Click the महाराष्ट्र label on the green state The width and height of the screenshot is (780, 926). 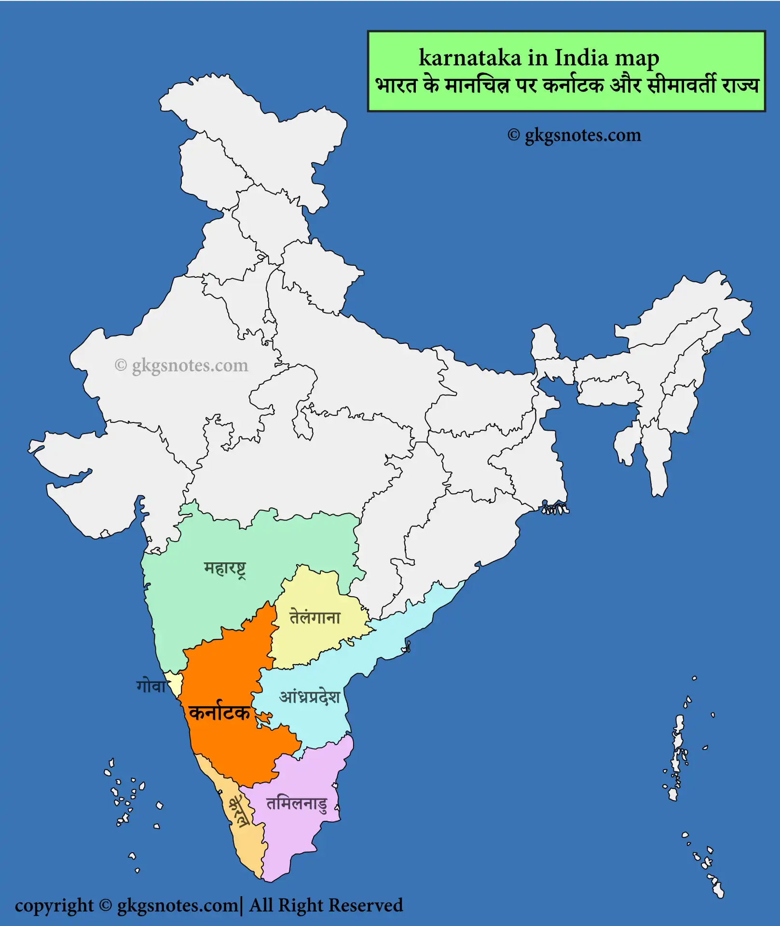coord(225,569)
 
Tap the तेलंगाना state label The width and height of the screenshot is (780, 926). coord(315,617)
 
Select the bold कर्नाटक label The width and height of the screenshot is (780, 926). coord(219,712)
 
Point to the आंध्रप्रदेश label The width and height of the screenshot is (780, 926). coord(310,697)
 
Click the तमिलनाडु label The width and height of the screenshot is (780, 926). coord(297,804)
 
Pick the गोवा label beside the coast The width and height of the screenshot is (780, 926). coord(151,686)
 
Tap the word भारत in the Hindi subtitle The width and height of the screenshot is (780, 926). coord(396,85)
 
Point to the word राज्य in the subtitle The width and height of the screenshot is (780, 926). coord(740,85)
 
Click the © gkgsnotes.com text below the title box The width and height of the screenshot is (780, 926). coord(574,135)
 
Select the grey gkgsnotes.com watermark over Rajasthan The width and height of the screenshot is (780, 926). coord(182,365)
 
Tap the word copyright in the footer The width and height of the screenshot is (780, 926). coord(54,906)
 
